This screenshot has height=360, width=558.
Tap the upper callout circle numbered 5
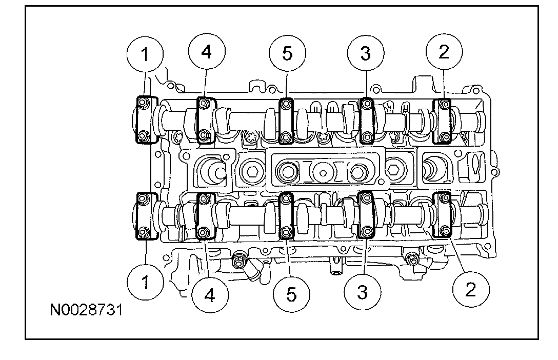(x=287, y=54)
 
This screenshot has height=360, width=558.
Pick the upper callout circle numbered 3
(x=365, y=54)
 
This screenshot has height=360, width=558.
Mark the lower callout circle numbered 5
(x=291, y=294)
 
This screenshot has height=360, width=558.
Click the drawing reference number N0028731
(x=87, y=311)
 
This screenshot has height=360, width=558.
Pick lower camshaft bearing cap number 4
(x=205, y=216)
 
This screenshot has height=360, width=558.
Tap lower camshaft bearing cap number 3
(x=367, y=215)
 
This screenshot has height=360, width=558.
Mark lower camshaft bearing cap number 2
(x=442, y=214)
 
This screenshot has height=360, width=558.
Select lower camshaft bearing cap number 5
(x=286, y=216)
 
